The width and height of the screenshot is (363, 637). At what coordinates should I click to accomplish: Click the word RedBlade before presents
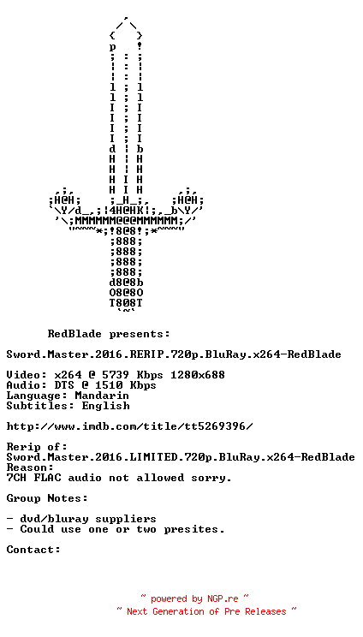[x=74, y=334]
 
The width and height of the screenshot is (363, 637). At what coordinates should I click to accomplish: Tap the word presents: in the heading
[x=140, y=335]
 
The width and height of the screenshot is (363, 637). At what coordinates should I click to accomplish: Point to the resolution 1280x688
[x=197, y=374]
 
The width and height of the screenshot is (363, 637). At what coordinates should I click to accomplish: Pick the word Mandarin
[x=102, y=396]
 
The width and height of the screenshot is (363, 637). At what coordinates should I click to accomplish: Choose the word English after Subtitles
[x=105, y=406]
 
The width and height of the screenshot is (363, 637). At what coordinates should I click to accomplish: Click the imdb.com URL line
[x=129, y=426]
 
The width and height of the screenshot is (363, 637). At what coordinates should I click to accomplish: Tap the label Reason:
[x=30, y=467]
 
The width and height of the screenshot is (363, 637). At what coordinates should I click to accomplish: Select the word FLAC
[x=47, y=478]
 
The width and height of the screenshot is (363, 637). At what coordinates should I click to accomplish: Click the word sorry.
[x=211, y=478]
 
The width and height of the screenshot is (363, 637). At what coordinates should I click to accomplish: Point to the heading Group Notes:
[x=47, y=498]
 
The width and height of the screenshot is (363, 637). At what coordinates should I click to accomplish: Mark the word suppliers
[x=126, y=520]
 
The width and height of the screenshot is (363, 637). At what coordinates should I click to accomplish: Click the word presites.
[x=194, y=530]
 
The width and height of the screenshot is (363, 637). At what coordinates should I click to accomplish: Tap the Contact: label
[x=33, y=550]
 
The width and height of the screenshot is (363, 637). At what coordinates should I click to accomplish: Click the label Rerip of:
[x=37, y=447]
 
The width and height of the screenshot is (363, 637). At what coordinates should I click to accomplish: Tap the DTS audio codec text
[x=64, y=385]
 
